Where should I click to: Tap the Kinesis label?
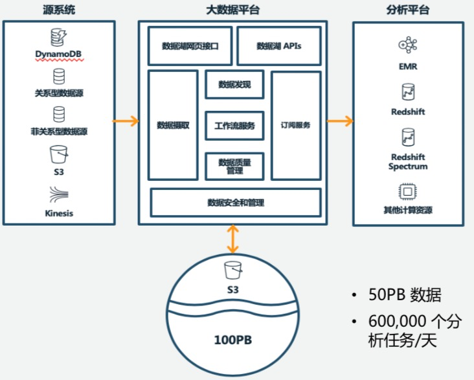(x=59, y=213)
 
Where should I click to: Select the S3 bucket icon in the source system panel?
(x=59, y=155)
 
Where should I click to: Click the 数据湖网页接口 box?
(x=190, y=46)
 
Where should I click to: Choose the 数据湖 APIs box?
(x=278, y=46)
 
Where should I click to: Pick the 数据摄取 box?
(x=173, y=125)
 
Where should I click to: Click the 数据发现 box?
(x=234, y=84)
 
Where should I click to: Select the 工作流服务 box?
(x=234, y=125)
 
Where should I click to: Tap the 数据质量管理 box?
(x=234, y=166)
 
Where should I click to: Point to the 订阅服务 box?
(x=296, y=125)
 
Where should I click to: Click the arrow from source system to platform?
(x=126, y=121)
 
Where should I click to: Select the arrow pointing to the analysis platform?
(x=340, y=121)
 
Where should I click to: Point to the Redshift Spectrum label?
(x=408, y=161)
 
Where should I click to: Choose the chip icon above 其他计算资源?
(x=408, y=192)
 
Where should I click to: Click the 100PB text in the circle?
(x=232, y=339)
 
